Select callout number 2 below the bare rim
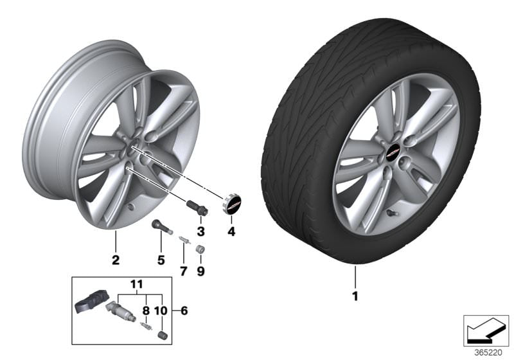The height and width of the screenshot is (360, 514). coord(116,260)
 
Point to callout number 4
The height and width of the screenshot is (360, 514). coord(231,231)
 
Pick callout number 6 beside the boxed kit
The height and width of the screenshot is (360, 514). coord(185,311)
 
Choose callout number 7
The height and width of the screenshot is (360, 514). coord(182,271)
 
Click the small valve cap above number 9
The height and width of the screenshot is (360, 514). coord(200,249)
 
